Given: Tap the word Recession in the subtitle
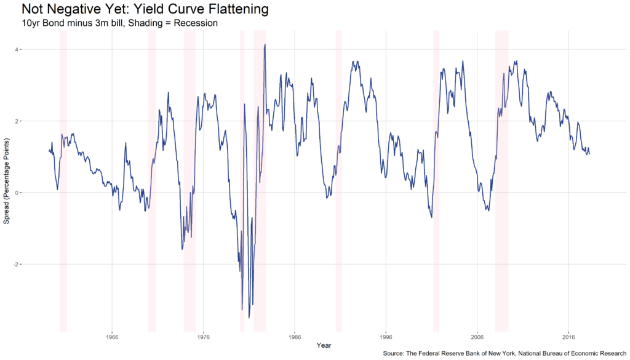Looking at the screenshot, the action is tap(196, 23).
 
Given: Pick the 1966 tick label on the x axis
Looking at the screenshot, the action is tap(112, 337).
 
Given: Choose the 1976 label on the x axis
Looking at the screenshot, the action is tap(203, 337).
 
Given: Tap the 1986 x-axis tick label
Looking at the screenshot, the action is tap(295, 337).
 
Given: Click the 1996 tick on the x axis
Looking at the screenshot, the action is tap(386, 337).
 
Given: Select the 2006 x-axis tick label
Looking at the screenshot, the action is tap(477, 337).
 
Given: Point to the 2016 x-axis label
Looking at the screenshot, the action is tap(568, 337).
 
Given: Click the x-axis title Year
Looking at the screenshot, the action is tap(324, 345).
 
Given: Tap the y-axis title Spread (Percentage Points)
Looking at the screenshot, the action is tap(6, 181).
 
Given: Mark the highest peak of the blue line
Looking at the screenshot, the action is tap(265, 44).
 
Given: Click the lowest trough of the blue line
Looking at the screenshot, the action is tap(249, 318).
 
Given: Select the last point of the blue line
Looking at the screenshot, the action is tap(589, 154).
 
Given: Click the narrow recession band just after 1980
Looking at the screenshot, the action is tap(242, 181).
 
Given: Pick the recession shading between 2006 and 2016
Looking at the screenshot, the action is tap(501, 181).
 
